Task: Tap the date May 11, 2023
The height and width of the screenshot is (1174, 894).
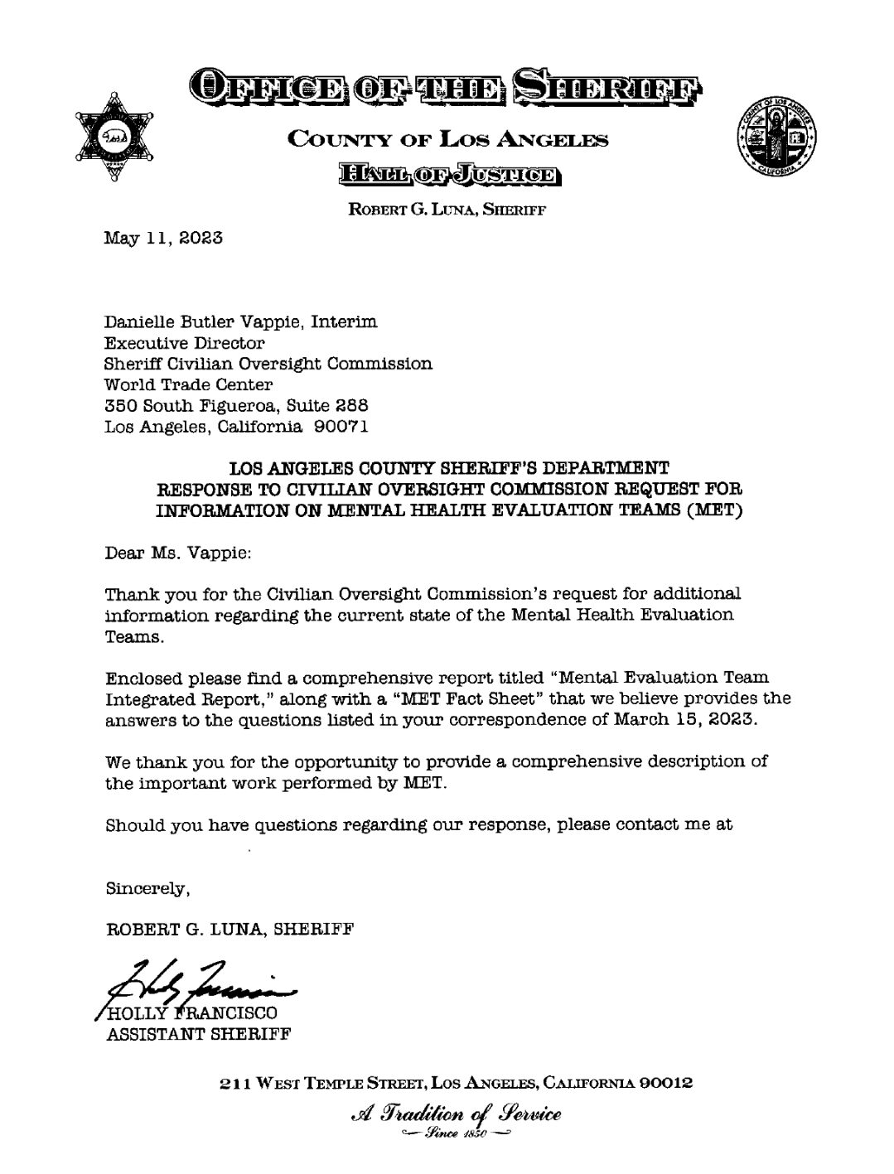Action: [x=163, y=238]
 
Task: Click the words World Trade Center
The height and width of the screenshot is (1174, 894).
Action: [x=188, y=384]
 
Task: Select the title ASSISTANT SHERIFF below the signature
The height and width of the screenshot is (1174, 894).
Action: [x=199, y=1034]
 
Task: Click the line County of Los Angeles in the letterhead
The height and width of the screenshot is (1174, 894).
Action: [x=447, y=139]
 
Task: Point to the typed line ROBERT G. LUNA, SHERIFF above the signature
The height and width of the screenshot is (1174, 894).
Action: [x=230, y=928]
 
